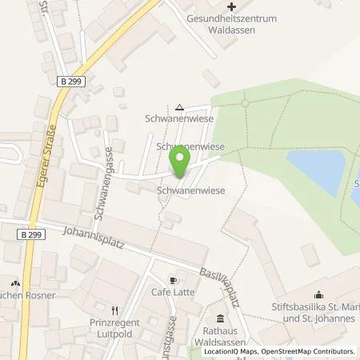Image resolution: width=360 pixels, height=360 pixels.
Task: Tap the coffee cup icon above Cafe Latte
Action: pyautogui.click(x=172, y=281)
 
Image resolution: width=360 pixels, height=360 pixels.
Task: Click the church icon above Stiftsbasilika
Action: pyautogui.click(x=319, y=293)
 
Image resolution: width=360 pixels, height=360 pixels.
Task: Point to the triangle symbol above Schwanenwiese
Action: pyautogui.click(x=179, y=108)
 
